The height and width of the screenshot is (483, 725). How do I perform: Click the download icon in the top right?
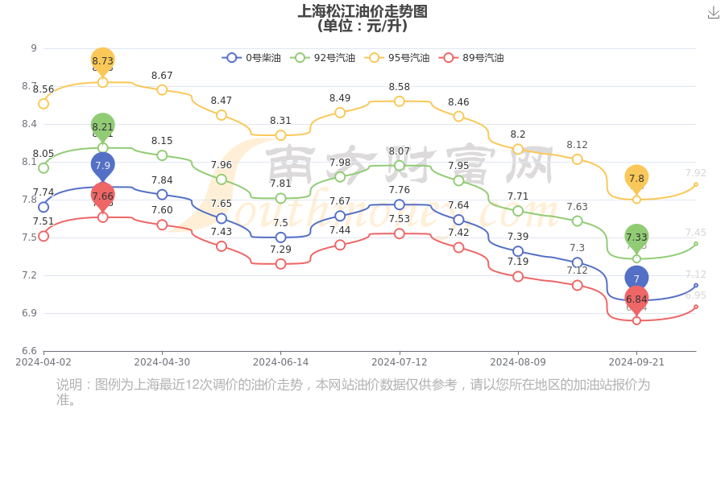coord(713,12)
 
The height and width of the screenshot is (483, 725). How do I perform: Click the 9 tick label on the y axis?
coord(34,48)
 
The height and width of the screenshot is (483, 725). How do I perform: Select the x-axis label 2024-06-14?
coord(280,362)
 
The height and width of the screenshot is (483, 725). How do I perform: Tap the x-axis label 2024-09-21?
coord(636,362)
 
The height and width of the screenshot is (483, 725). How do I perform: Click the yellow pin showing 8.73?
coord(102,60)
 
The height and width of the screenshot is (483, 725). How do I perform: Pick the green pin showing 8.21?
coord(102,126)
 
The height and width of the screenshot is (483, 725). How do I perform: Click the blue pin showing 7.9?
coord(102,166)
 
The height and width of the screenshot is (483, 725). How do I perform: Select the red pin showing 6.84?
coord(636,299)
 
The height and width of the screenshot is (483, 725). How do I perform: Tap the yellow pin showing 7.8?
coord(636,179)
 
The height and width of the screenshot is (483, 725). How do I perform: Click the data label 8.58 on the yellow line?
coord(400,87)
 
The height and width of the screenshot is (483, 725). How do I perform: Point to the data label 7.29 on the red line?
coord(280,250)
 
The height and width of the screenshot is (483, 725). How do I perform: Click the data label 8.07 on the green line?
coord(400,151)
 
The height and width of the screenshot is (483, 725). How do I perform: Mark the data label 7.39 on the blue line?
coord(518,237)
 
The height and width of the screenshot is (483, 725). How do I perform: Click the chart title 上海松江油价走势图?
coord(362,11)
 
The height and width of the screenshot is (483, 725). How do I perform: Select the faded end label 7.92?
coord(695,173)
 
